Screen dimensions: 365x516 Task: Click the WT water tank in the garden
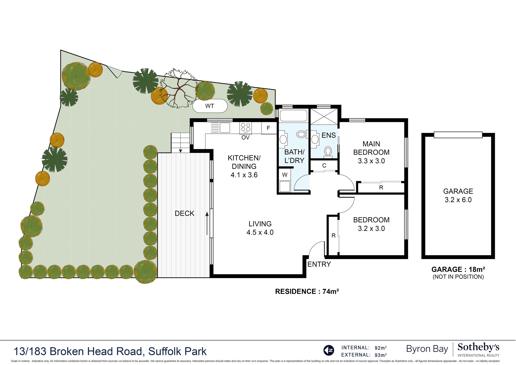tap(210, 106)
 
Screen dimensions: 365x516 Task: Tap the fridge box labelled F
tap(268, 128)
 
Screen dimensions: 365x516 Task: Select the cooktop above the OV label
tap(246, 128)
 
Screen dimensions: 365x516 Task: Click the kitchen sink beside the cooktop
tap(225, 128)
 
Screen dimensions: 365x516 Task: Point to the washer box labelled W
tap(285, 175)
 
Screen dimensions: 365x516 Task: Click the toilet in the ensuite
tap(328, 152)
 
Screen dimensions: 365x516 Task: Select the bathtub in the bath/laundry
tap(294, 116)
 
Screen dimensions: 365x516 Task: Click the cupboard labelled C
tap(324, 165)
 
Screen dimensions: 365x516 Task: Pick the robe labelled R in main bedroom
tap(381, 187)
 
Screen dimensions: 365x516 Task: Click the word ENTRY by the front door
tap(319, 264)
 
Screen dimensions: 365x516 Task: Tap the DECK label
tap(184, 213)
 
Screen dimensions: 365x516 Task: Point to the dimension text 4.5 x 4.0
tap(260, 232)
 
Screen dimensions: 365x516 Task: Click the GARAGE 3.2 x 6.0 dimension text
tap(458, 200)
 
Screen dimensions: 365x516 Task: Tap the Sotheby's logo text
tap(478, 347)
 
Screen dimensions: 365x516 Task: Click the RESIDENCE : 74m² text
tap(307, 292)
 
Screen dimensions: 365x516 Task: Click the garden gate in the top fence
tap(115, 71)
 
